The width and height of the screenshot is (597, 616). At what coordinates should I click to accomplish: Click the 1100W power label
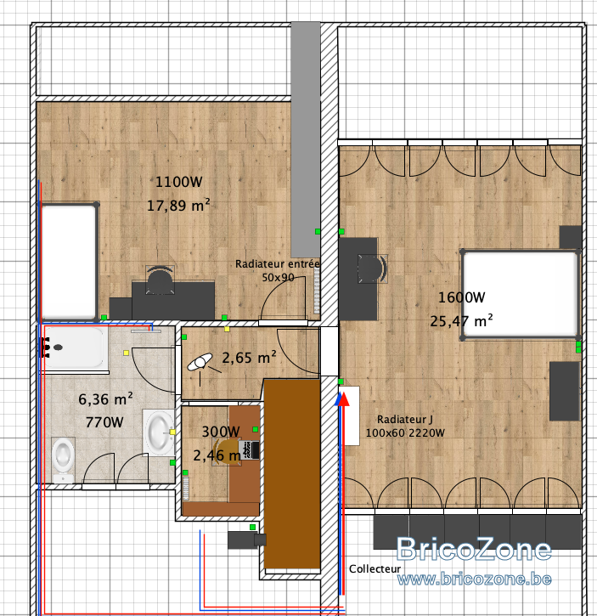click(179, 182)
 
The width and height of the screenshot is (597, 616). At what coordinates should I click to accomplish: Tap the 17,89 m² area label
click(178, 205)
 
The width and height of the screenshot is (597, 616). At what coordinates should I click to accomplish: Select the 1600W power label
click(461, 297)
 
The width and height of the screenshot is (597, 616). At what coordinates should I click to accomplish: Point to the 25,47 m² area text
click(461, 321)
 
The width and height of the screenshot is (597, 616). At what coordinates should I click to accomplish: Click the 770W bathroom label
click(104, 422)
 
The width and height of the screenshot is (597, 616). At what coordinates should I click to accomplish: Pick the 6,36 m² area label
click(105, 399)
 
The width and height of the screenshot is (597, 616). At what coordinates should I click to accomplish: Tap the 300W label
click(221, 432)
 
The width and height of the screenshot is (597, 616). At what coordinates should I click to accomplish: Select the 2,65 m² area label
click(249, 358)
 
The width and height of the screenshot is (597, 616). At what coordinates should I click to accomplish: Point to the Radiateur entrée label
click(278, 264)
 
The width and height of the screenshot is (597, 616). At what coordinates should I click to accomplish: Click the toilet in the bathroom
click(63, 460)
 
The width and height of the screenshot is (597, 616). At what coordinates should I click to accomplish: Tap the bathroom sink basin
click(159, 432)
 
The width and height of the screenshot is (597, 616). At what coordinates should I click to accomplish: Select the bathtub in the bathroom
click(75, 348)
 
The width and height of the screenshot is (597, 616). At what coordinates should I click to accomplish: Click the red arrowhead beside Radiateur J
click(344, 398)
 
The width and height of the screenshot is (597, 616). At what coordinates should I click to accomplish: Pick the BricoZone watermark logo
click(474, 549)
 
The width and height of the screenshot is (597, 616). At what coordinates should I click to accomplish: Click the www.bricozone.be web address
click(474, 579)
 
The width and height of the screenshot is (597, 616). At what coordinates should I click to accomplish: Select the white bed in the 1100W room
click(68, 261)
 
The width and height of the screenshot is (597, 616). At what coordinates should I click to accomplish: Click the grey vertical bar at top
click(306, 139)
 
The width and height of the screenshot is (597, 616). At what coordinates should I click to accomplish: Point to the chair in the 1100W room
click(160, 280)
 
